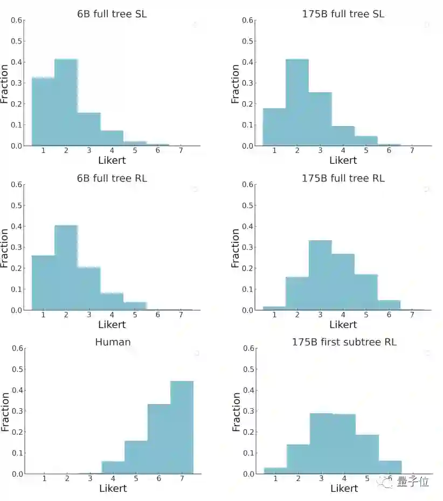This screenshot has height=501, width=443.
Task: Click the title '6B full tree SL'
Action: [x=112, y=14]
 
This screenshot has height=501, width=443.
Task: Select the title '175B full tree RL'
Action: [x=343, y=178]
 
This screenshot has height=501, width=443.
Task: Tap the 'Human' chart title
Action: [x=113, y=342]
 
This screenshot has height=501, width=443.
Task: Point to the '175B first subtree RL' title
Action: [x=344, y=342]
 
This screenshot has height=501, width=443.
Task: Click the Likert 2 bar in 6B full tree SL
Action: [x=66, y=102]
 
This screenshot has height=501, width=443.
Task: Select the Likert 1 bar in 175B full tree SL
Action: [x=274, y=127]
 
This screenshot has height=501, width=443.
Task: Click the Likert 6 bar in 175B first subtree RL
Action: [x=390, y=467]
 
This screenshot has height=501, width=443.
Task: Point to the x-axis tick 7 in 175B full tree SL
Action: [x=412, y=150]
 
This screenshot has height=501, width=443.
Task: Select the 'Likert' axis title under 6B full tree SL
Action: [x=112, y=160]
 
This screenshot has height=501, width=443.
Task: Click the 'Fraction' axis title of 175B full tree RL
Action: [x=236, y=248]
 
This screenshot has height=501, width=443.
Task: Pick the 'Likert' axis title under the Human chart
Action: [x=113, y=488]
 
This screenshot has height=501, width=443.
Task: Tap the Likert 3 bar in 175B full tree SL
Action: [x=320, y=119]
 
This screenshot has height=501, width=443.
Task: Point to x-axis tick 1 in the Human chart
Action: [x=44, y=478]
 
